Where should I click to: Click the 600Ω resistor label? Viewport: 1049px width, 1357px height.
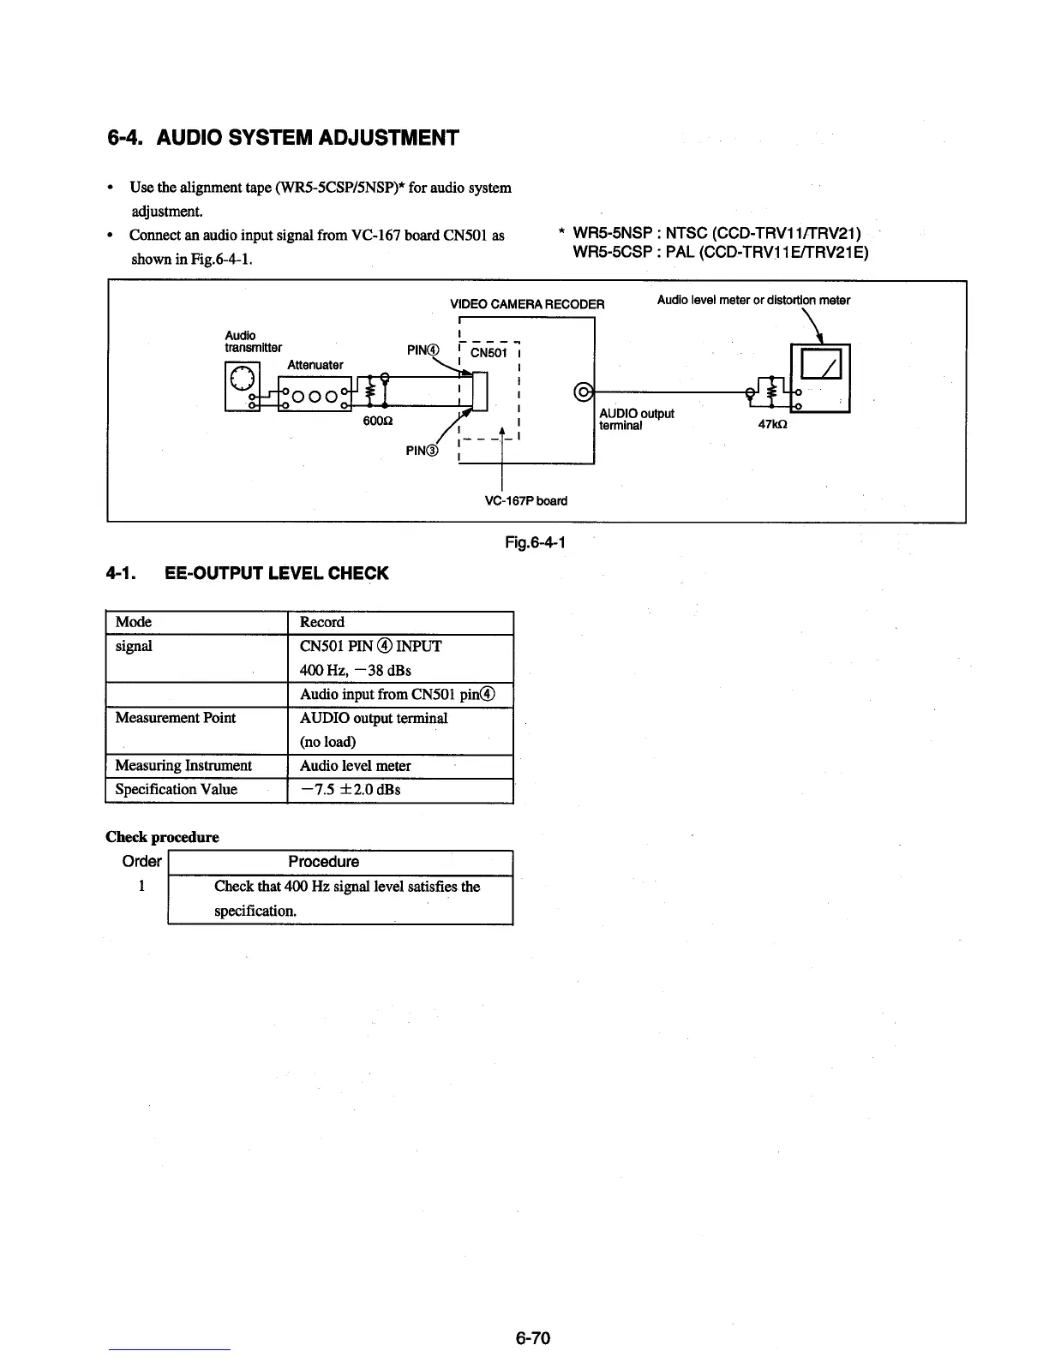tap(378, 421)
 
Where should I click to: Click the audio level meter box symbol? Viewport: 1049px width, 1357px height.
tap(820, 378)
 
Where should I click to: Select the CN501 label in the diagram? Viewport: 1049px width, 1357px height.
tap(489, 352)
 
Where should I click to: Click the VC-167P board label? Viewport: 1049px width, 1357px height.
tap(525, 500)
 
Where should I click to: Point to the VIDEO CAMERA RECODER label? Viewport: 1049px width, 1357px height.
tap(527, 304)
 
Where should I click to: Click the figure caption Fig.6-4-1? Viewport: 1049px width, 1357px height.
tap(536, 542)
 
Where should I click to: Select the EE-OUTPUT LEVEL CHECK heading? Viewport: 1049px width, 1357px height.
tap(275, 573)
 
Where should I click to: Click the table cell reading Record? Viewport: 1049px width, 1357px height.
tap(322, 622)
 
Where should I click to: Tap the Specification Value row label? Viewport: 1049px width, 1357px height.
tap(177, 789)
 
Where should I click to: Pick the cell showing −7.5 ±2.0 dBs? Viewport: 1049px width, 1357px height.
tap(351, 789)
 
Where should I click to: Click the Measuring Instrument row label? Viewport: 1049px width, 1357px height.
tap(183, 765)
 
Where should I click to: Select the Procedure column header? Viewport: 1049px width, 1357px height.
tap(323, 862)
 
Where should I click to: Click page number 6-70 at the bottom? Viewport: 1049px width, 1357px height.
tap(532, 1338)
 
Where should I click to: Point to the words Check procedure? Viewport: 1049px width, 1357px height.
tap(162, 837)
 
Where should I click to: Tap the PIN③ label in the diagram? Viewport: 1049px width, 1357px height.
tap(422, 451)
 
